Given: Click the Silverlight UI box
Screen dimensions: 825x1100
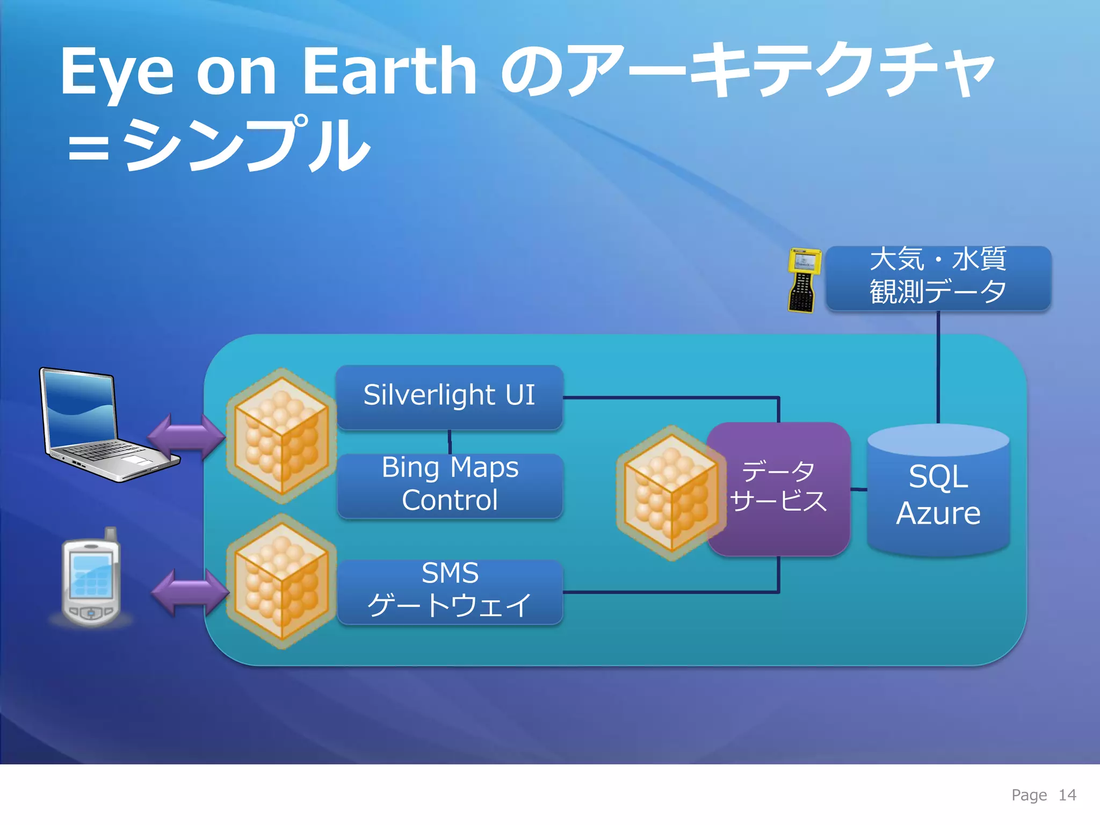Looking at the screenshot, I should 449,396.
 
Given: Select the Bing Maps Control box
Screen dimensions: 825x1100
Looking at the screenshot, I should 450,485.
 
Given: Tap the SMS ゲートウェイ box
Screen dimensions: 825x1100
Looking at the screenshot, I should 450,591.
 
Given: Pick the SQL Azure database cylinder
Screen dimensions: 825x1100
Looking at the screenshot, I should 938,494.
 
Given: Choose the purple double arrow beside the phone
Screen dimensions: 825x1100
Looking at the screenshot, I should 189,592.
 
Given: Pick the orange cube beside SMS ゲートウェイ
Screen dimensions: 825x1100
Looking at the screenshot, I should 281,581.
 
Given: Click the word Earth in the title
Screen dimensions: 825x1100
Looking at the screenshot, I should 389,71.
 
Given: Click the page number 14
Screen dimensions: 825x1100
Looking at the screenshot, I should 1067,795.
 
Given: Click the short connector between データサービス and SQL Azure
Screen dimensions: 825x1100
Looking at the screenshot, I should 858,489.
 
